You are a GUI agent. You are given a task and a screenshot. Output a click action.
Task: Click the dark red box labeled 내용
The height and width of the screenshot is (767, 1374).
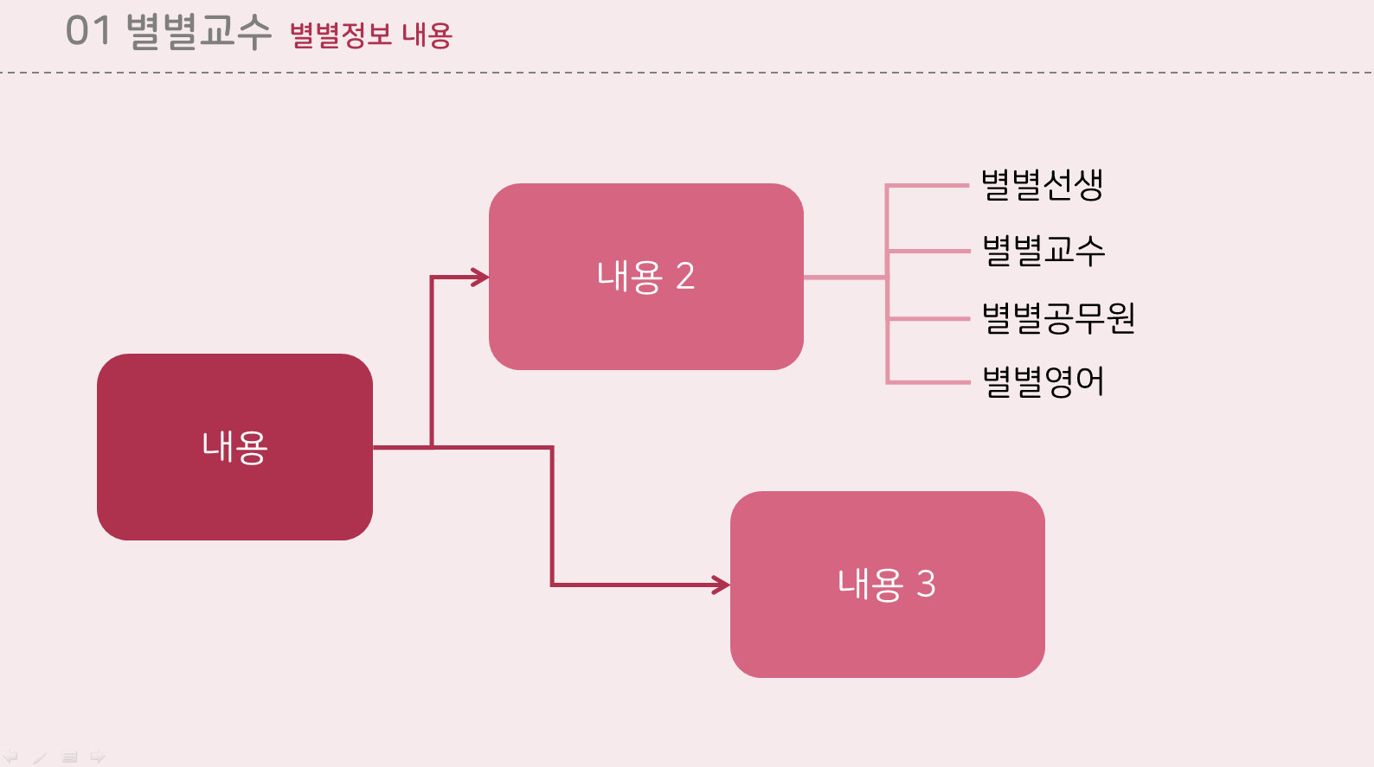[235, 447]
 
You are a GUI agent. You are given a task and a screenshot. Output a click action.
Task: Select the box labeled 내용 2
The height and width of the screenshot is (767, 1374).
[646, 277]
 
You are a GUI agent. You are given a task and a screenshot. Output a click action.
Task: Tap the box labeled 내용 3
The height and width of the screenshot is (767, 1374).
[888, 585]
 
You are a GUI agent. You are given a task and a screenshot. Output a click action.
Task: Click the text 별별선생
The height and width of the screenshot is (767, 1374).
[1042, 184]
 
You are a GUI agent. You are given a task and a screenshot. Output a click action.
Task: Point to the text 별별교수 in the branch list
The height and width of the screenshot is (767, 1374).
[1043, 250]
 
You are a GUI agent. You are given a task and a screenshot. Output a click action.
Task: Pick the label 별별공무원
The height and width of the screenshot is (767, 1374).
[1059, 317]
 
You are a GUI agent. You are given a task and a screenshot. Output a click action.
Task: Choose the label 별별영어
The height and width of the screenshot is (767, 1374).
[1043, 381]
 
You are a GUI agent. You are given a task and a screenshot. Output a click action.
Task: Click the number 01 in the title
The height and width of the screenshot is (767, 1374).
[88, 30]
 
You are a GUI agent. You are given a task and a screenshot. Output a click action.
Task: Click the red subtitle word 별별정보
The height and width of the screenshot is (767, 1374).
[340, 35]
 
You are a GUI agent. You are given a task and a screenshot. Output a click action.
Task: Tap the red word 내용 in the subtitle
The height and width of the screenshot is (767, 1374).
[427, 35]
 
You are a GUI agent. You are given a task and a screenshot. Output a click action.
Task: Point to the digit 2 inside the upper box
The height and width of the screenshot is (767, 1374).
[685, 277]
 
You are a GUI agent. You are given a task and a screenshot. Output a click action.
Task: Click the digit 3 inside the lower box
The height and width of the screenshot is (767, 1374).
[926, 585]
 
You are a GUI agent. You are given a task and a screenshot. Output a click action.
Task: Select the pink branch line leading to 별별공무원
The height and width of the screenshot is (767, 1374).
[928, 319]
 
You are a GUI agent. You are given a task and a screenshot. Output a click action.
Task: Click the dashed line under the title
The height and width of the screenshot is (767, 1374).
[687, 73]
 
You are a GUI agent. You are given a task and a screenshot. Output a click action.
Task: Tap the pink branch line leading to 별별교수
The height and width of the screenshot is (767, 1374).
[928, 252]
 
